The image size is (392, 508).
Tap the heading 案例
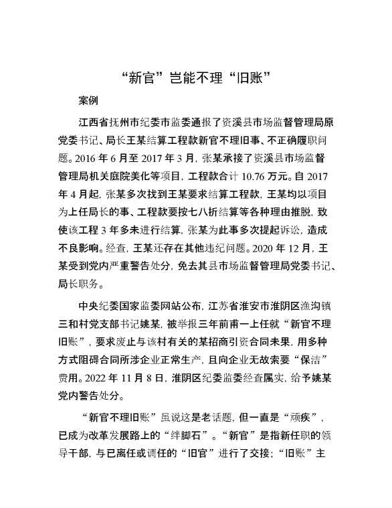88,101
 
